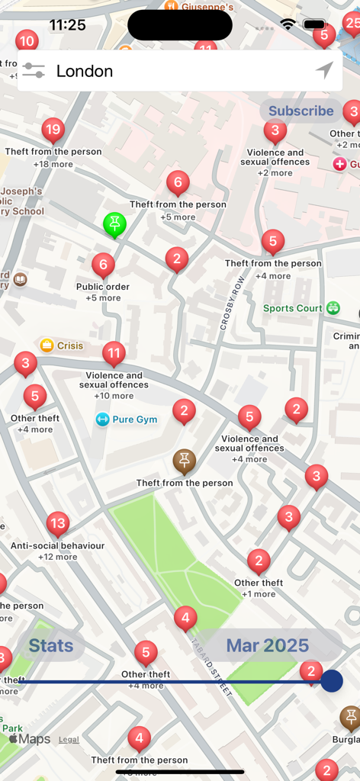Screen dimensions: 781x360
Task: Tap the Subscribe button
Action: coord(301,111)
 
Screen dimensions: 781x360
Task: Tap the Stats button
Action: coord(51,645)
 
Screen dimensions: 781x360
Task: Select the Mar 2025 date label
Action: coord(267,645)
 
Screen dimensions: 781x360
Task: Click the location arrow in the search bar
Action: coord(324,71)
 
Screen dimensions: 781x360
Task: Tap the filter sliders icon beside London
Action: coord(34,71)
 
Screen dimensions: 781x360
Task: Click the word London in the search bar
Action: coord(85,71)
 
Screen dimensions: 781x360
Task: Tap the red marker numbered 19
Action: coord(53,130)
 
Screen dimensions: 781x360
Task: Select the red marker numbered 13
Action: coord(58,524)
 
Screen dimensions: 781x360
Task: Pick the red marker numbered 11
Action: coord(114,354)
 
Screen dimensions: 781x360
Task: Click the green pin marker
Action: coord(114,224)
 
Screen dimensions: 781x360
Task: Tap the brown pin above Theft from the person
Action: coord(184,461)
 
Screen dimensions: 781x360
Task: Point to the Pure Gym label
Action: coord(134,419)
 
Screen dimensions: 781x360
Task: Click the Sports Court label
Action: coord(293,308)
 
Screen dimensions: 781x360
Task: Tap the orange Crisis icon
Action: coord(47,346)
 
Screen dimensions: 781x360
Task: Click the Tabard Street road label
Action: coord(211,667)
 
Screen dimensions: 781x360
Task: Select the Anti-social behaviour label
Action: coord(57,546)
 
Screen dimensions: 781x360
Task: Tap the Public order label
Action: coord(103,287)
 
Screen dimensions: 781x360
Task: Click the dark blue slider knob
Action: coord(331,681)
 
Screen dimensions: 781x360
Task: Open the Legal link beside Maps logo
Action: coord(69,739)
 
